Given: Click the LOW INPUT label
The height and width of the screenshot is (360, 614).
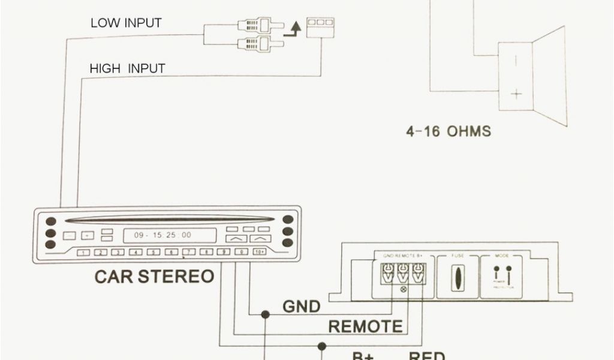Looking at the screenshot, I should (x=126, y=23).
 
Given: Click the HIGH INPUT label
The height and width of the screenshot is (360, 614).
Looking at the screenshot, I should (x=127, y=68).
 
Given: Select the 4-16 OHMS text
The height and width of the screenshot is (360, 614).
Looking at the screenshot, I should (x=448, y=131).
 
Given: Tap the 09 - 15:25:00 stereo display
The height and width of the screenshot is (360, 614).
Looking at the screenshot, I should (x=162, y=235).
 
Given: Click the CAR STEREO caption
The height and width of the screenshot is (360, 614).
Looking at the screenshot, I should (x=154, y=277).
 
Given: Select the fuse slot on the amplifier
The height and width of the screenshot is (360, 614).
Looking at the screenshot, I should (x=458, y=278).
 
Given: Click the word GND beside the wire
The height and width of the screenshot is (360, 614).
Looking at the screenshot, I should (x=302, y=307).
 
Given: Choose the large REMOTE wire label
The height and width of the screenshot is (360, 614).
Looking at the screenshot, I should (x=366, y=327).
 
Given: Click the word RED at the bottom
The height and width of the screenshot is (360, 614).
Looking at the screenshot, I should (x=426, y=356).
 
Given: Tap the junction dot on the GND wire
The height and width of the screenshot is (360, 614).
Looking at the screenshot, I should (x=264, y=314).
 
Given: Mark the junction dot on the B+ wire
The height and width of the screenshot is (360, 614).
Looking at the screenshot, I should (x=322, y=346).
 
